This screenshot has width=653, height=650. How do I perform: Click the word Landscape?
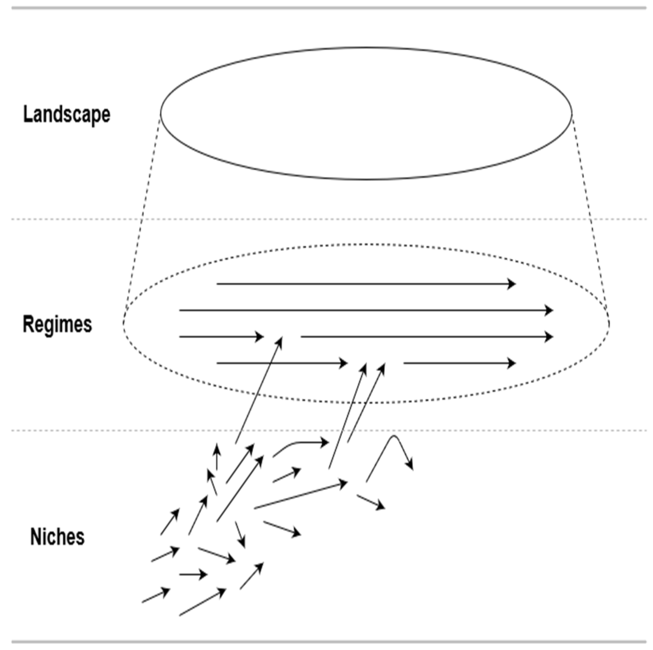66,114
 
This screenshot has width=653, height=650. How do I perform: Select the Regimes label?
57,324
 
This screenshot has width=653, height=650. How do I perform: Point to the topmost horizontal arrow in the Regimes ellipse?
365,284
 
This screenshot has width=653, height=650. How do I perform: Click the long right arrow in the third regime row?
426,337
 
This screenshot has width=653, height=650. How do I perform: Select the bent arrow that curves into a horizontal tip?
301,443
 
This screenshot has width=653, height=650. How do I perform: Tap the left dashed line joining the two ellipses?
142,217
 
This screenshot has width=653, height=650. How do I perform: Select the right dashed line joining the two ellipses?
590,217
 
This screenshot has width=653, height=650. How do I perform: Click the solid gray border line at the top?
329,8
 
